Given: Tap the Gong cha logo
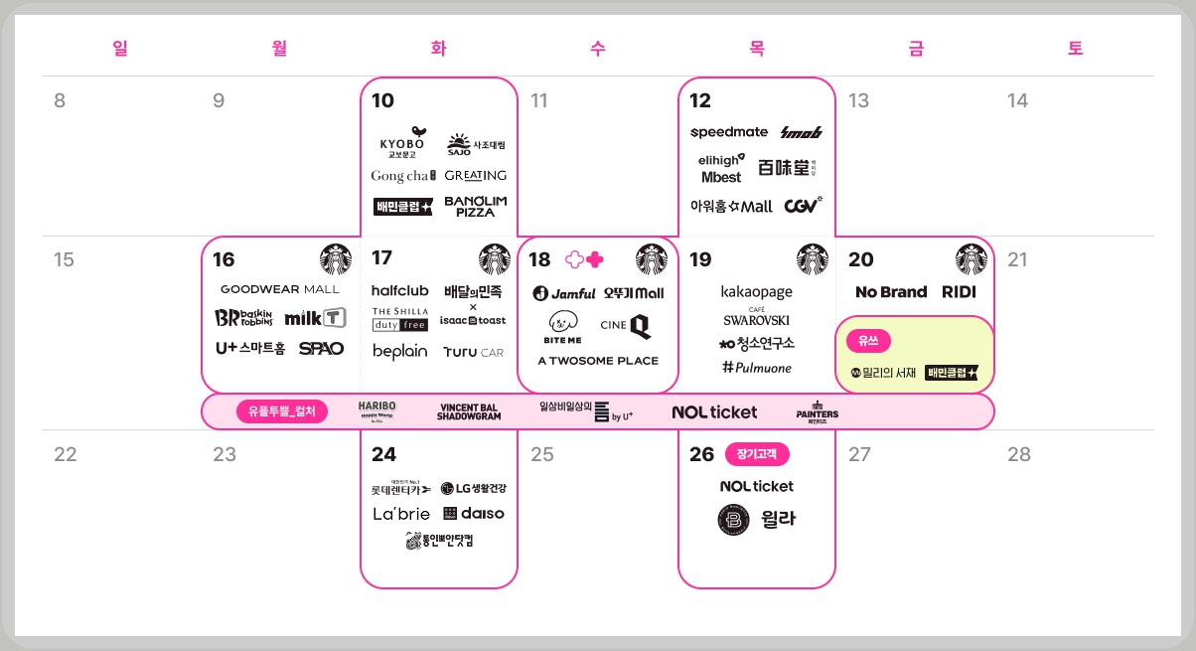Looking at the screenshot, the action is point(403,176).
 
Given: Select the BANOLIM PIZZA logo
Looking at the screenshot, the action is point(475,206).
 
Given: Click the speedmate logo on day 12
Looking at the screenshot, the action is point(729,132).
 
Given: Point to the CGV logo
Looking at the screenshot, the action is point(803,206).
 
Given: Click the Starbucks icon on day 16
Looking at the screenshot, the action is point(336,259).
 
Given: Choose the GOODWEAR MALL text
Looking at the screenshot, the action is point(279,289).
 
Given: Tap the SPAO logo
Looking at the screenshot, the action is point(321,348).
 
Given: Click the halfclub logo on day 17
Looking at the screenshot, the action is point(399,290).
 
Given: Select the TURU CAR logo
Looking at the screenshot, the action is point(474,352).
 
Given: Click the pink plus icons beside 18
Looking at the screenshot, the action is point(584,259).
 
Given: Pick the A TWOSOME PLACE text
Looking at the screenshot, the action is point(598,361).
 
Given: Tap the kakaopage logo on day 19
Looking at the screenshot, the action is point(757,292).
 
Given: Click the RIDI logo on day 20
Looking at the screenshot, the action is point(960,292).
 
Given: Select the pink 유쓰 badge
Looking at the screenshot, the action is point(868,340).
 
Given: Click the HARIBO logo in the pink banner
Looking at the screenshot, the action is point(377,410).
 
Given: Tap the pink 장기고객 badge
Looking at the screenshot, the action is point(757,454).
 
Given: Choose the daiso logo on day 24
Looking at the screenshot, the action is point(474,514).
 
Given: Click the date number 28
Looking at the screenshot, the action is point(1019,454).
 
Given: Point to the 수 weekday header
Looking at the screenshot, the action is point(597,49).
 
